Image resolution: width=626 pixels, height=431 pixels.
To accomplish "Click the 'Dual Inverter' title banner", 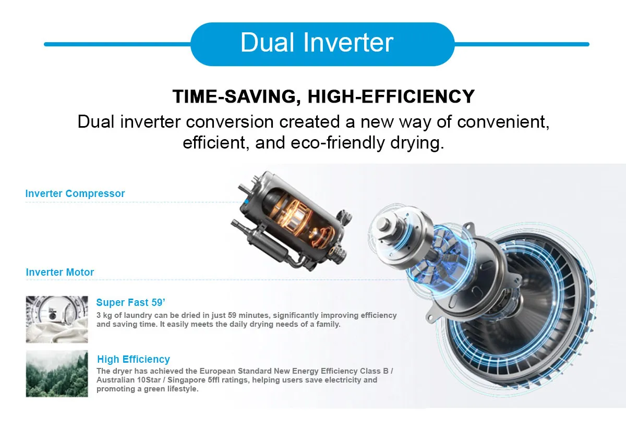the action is point(322,44).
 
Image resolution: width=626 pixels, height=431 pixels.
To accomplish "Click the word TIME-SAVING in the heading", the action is point(234,96).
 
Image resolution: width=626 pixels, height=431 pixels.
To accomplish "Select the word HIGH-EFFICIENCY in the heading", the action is point(391,96).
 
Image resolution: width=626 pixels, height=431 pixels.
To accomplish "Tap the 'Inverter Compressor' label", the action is point(75,193).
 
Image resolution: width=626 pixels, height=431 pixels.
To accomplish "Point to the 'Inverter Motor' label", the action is point(60,272).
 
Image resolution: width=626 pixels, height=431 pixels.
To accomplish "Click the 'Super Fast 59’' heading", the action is point(130,302).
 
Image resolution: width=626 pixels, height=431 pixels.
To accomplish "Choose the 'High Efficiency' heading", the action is point(134,359).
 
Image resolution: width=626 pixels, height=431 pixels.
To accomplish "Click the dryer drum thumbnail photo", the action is point(57,319).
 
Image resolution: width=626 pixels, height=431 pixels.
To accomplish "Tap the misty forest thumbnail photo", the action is point(57,374).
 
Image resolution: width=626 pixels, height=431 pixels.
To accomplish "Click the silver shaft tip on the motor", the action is point(383,223).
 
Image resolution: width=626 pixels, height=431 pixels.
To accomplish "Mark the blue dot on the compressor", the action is point(246,201).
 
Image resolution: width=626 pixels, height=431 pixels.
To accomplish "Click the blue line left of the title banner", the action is point(117,44).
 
